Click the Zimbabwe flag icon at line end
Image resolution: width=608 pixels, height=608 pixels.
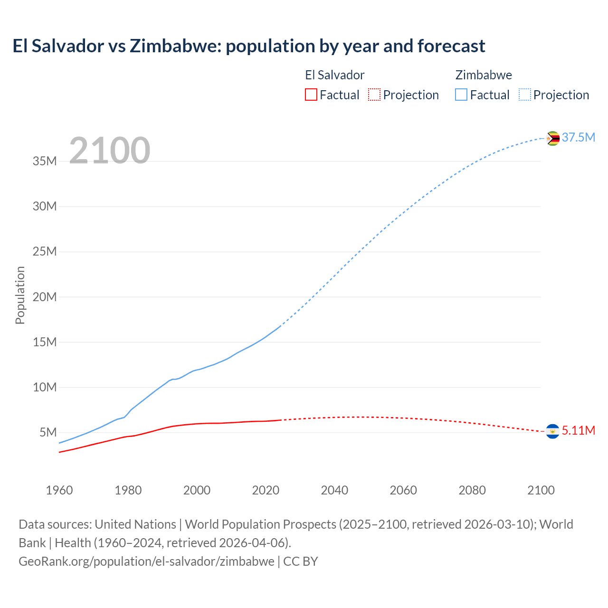click(552, 138)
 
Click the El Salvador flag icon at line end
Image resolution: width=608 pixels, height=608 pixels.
click(552, 431)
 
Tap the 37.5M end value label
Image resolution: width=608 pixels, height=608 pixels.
click(578, 138)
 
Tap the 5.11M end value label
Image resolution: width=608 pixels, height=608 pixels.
click(578, 431)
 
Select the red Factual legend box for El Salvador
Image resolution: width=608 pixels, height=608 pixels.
click(311, 95)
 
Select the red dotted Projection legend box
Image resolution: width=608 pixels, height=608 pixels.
click(374, 95)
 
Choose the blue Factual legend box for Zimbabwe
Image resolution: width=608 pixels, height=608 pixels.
click(461, 95)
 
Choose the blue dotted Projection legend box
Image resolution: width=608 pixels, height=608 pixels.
click(525, 95)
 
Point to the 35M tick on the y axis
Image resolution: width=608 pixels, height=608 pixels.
click(45, 161)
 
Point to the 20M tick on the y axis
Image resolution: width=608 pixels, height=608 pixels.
click(45, 297)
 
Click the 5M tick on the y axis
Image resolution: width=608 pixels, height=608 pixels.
click(48, 433)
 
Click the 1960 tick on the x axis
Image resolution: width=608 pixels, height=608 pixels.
click(59, 490)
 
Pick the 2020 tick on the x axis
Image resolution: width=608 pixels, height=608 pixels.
click(266, 490)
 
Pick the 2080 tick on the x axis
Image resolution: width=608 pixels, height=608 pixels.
click(472, 490)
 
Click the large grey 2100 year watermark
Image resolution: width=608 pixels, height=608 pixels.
click(110, 151)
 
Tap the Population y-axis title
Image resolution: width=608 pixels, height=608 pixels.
click(20, 295)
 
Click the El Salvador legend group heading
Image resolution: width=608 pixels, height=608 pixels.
click(334, 75)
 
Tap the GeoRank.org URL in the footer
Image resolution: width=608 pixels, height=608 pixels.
click(146, 561)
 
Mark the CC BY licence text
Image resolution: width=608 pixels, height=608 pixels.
click(301, 561)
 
